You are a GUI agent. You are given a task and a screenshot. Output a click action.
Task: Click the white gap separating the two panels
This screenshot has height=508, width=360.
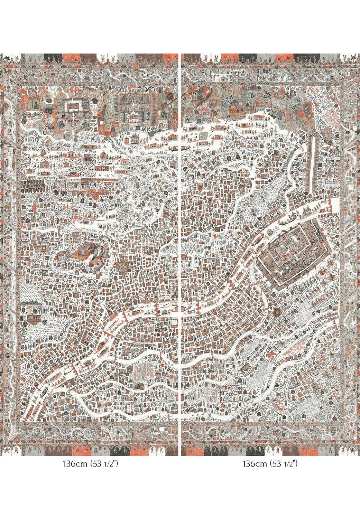180,242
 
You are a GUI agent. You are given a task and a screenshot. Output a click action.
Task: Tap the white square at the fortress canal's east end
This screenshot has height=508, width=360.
334,203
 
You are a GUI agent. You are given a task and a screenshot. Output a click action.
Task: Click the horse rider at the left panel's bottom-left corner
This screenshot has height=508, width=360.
7,449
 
